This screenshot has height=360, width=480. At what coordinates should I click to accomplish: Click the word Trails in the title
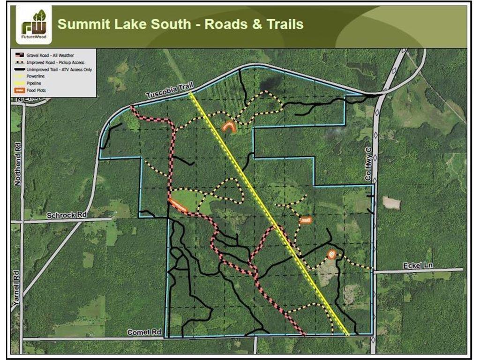tap(284, 24)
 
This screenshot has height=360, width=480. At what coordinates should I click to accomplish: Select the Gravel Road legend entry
tap(45, 55)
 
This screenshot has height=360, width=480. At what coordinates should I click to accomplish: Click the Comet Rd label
tap(144, 332)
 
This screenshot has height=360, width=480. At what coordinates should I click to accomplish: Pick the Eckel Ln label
tap(418, 266)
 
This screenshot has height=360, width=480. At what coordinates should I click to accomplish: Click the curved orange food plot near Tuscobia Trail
tap(229, 127)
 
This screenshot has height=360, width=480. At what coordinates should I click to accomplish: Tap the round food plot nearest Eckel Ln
tap(331, 255)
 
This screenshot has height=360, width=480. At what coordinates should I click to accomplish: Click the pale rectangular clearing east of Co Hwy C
tap(391, 202)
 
